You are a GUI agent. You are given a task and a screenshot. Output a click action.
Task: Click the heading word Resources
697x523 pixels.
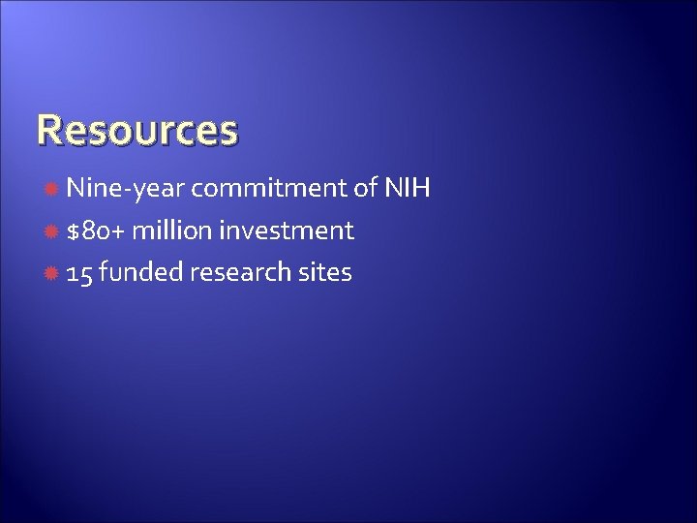(x=136, y=129)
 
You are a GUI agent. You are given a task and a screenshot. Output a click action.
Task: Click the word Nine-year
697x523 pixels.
(x=128, y=188)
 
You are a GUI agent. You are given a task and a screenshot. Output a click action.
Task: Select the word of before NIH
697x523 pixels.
(x=365, y=188)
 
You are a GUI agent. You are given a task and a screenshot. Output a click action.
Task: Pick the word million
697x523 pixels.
(x=175, y=231)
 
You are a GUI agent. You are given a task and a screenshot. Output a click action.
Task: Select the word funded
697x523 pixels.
(x=141, y=273)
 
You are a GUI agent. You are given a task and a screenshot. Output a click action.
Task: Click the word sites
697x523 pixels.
(x=324, y=273)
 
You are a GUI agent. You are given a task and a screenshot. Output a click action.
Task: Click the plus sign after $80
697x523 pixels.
(x=120, y=231)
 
